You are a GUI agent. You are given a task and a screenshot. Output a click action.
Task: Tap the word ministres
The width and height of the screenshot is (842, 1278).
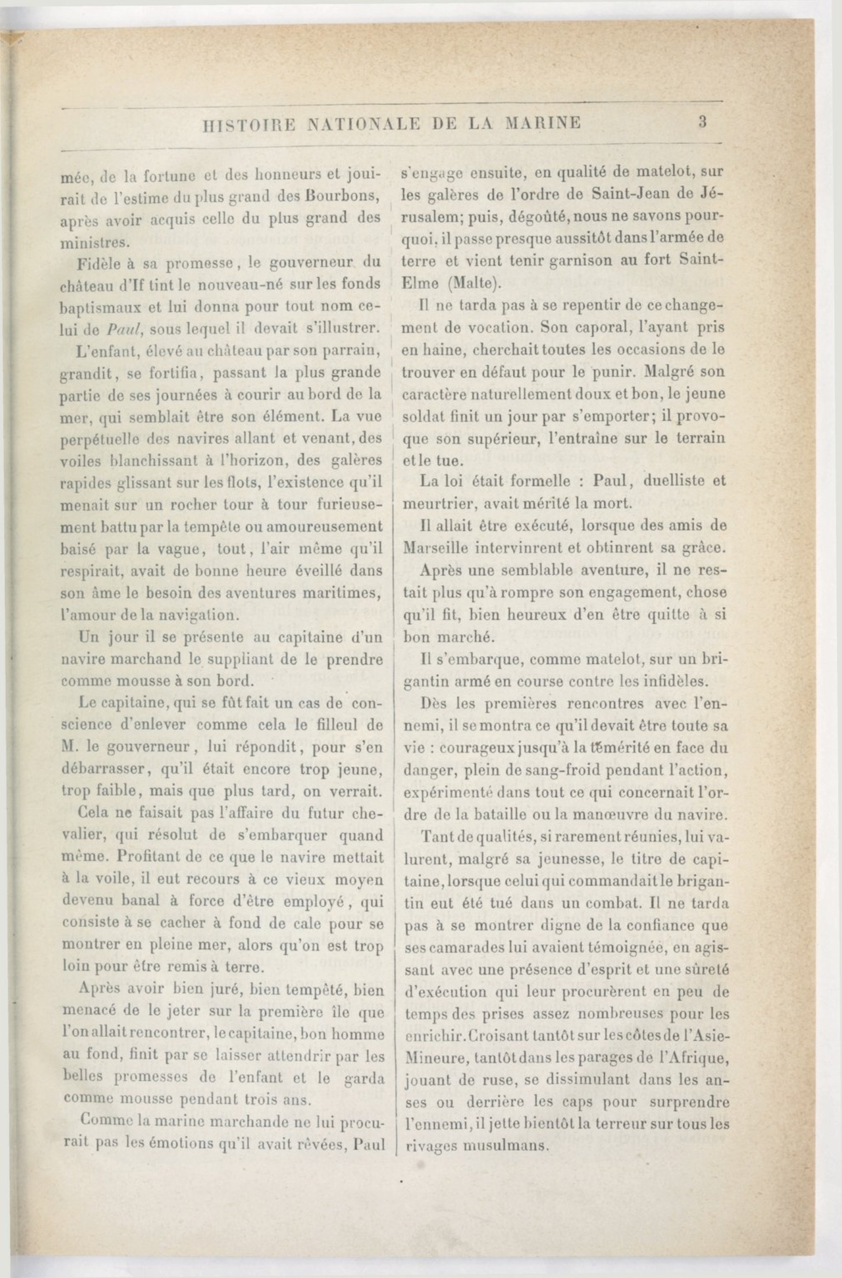coord(94,242)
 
